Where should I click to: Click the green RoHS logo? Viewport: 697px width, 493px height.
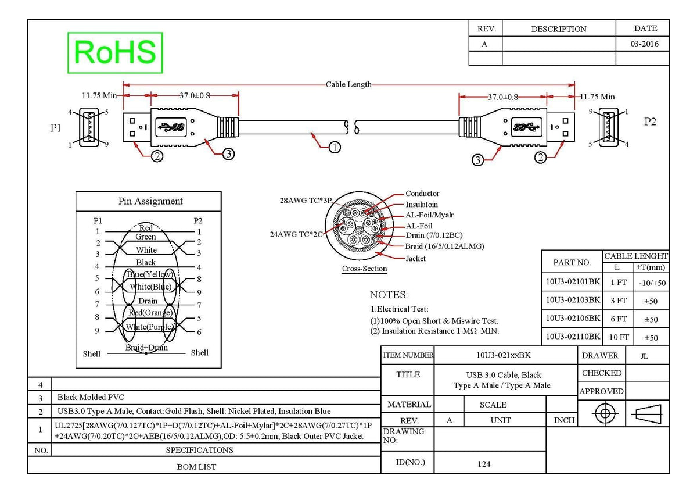point(115,53)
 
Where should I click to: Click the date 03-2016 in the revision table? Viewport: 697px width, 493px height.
point(644,44)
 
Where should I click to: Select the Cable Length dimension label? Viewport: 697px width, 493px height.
point(348,84)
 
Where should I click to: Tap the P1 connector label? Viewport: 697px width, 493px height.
point(55,128)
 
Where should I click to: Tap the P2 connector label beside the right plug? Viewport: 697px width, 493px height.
point(650,122)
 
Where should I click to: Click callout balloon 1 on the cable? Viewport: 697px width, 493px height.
point(335,147)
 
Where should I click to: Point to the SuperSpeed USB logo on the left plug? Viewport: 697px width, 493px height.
point(171,127)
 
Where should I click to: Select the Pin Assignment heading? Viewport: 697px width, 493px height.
point(150,201)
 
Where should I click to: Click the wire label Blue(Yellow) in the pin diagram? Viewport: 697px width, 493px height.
point(150,274)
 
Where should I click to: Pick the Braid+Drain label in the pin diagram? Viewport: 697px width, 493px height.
point(146,347)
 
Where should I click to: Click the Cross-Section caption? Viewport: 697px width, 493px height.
point(364,269)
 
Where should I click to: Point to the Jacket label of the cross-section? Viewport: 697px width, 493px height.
point(416,259)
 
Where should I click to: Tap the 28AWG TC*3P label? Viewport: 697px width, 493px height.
point(306,201)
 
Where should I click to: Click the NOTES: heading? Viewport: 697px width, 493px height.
point(389,295)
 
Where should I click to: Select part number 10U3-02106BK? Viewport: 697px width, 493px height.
point(573,318)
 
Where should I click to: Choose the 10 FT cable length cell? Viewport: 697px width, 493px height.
point(619,337)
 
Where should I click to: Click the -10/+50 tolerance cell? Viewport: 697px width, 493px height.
point(652,283)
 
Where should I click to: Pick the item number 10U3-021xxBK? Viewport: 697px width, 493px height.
point(504,355)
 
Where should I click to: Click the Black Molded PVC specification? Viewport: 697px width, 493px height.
point(91,398)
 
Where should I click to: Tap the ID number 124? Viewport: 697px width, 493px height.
point(484,464)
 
